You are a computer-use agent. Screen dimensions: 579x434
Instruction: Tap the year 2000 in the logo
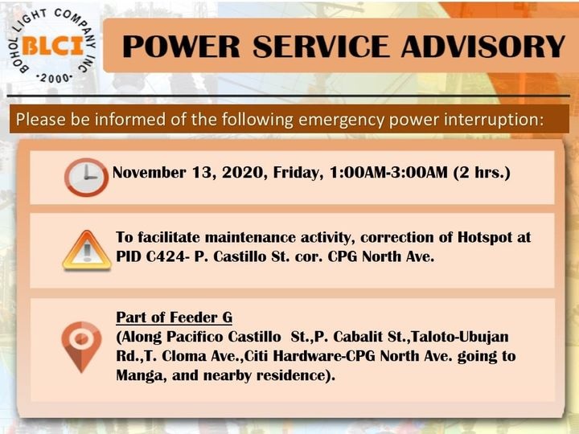55,78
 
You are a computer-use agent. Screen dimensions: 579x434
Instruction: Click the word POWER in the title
181,47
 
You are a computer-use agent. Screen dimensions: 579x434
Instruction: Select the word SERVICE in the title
321,47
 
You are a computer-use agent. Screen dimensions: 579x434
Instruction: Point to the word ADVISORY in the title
483,47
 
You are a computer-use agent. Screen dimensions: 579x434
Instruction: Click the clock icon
86,177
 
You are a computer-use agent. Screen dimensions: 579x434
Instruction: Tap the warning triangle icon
87,251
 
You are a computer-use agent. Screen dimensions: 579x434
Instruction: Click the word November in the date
149,172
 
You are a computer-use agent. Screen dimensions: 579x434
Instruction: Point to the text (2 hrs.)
482,172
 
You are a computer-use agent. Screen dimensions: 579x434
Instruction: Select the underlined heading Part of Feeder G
175,317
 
